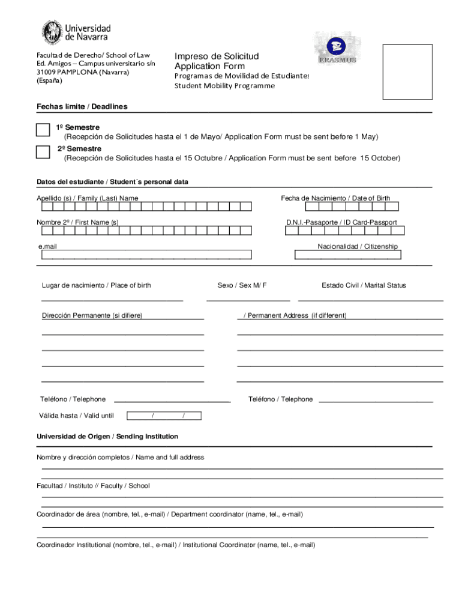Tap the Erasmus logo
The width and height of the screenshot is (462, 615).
337,48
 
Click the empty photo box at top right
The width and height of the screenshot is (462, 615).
407,71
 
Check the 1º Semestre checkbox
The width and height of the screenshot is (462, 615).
43,131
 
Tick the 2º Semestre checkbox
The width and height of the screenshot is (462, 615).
43,151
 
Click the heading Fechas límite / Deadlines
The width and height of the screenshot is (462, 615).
82,106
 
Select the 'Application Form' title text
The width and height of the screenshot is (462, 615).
209,66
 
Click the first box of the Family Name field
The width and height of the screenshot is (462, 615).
46,207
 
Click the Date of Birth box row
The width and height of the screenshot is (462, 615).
352,207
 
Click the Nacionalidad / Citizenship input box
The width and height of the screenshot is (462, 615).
348,255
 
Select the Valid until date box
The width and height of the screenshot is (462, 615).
166,416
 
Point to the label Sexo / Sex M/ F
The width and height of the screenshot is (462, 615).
242,285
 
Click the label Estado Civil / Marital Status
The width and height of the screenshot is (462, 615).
364,285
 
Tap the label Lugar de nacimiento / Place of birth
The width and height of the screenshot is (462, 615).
96,285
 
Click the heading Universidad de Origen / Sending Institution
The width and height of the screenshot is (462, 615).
107,437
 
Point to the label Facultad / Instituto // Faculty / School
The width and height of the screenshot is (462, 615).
93,486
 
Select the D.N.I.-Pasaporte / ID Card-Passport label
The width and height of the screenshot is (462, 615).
341,222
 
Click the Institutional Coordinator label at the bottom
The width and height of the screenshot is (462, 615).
176,545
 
